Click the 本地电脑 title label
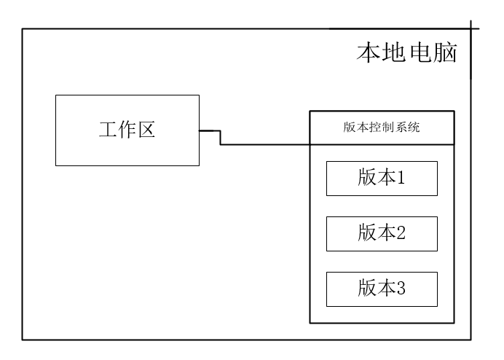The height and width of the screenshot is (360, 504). pyautogui.click(x=407, y=52)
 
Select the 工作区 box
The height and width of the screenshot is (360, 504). pyautogui.click(x=127, y=130)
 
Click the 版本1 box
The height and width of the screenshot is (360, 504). pyautogui.click(x=382, y=179)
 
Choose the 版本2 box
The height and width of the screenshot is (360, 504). pyautogui.click(x=382, y=233)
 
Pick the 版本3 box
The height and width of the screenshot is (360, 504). pyautogui.click(x=382, y=289)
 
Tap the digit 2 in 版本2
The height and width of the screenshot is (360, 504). pyautogui.click(x=400, y=233)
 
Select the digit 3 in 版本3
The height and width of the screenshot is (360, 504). pyautogui.click(x=400, y=289)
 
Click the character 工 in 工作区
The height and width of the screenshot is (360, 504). pyautogui.click(x=108, y=130)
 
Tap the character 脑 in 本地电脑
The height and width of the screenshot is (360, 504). pyautogui.click(x=446, y=52)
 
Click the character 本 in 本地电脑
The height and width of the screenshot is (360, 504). pyautogui.click(x=369, y=52)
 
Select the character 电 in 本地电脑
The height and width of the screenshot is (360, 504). pyautogui.click(x=420, y=52)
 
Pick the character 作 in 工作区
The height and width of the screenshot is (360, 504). pyautogui.click(x=127, y=130)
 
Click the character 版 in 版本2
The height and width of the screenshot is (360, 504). pyautogui.click(x=366, y=233)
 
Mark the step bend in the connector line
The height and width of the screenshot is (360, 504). pyautogui.click(x=220, y=138)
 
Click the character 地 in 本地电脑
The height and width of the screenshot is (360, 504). pyautogui.click(x=394, y=52)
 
